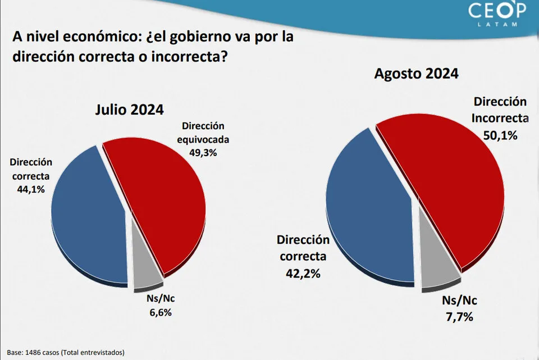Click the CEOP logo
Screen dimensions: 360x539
pos(498,11)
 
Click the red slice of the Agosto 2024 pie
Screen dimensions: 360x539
pos(449,185)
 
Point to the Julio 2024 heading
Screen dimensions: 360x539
pos(129,110)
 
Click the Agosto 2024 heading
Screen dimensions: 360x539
pos(417,74)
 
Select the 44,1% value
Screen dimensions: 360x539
pos(31,189)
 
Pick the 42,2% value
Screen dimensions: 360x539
pos(303,274)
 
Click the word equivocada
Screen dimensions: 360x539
pos(203,139)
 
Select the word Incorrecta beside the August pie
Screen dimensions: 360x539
pos(499,118)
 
